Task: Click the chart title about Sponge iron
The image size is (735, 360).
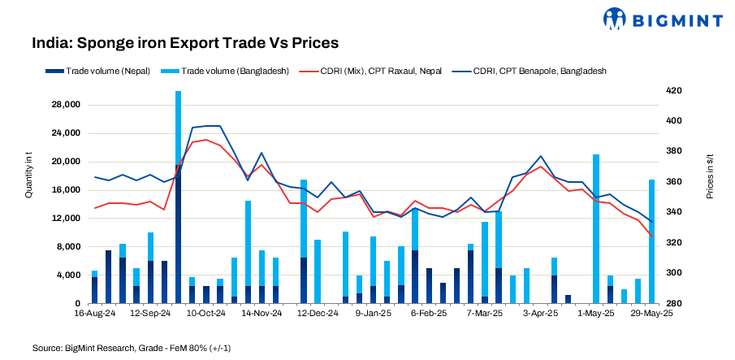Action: pyautogui.click(x=185, y=42)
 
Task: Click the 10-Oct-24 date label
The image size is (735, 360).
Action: pyautogui.click(x=205, y=312)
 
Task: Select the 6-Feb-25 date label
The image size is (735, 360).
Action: pyautogui.click(x=429, y=312)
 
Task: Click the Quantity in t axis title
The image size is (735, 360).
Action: pyautogui.click(x=28, y=180)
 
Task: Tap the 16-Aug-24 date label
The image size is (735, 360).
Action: pyautogui.click(x=93, y=312)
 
